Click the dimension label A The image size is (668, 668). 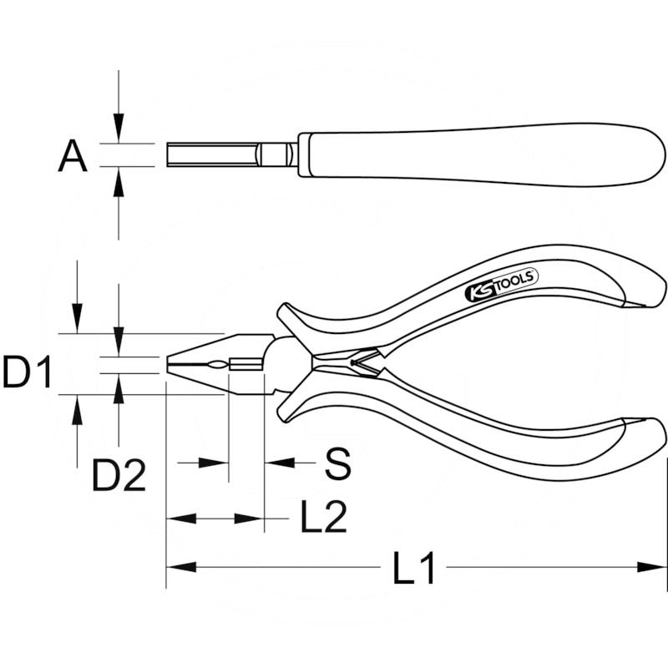(x=73, y=156)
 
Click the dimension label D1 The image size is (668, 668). (x=28, y=372)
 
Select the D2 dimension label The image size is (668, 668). (x=119, y=475)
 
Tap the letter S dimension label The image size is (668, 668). (x=337, y=463)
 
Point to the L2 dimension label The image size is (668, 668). (x=323, y=519)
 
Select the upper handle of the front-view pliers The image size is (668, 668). (x=468, y=292)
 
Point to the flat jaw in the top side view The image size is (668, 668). (x=213, y=155)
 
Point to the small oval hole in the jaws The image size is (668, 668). (x=216, y=365)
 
